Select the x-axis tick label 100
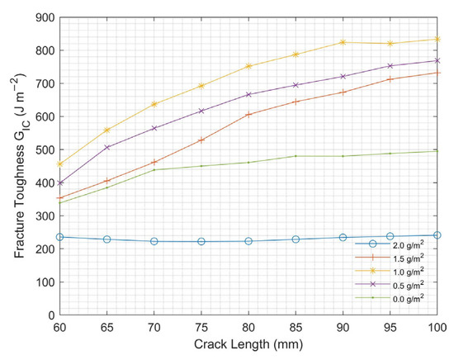(x=436, y=327)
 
